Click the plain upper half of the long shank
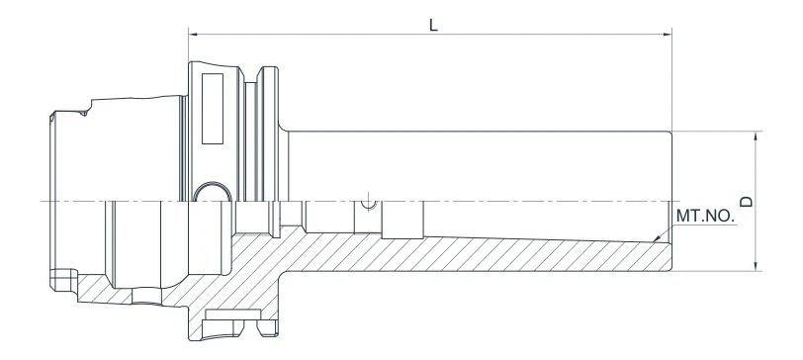[475, 163]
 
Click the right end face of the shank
[671, 198]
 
